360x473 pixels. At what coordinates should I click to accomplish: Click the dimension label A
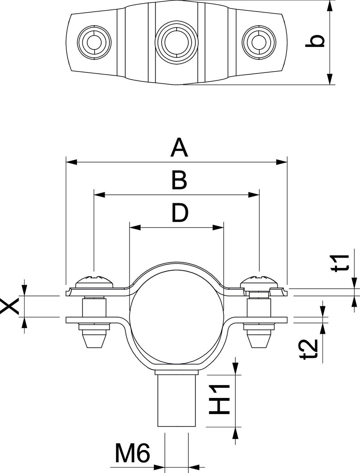179,148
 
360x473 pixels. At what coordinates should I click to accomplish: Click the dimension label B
179,181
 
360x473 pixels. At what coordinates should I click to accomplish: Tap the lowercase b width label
315,41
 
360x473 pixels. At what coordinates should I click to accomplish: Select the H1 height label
219,399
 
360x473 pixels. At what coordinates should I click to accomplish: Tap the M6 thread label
132,453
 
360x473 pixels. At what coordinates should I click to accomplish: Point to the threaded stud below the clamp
177,399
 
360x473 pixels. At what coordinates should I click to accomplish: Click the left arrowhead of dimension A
71,162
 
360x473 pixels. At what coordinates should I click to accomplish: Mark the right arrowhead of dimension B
254,195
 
